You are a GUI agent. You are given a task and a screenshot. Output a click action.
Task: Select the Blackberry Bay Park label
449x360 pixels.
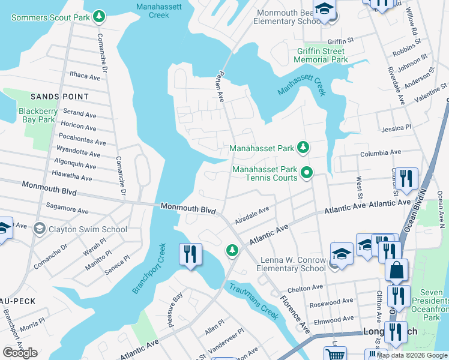[x=37, y=115]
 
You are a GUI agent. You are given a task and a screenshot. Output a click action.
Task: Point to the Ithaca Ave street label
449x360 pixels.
[x=85, y=77]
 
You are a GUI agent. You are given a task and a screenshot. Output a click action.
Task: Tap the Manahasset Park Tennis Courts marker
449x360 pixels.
[x=307, y=174]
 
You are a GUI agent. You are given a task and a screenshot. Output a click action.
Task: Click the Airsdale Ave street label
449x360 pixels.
[x=253, y=214]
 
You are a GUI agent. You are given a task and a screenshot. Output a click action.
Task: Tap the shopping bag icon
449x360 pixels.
[x=396, y=271]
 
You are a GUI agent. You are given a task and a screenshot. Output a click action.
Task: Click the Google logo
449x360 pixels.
[x=20, y=353]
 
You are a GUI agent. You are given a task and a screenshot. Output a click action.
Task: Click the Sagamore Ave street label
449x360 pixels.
[x=67, y=209]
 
